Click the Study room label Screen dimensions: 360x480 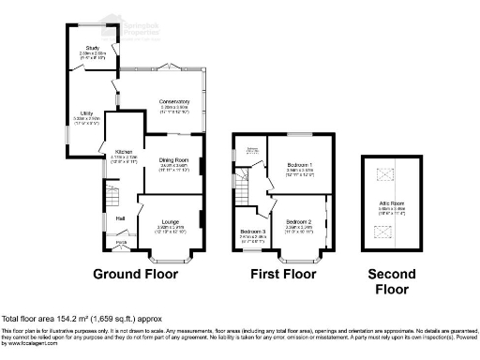91,47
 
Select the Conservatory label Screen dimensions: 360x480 174,101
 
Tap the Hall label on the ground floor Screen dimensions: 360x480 121,218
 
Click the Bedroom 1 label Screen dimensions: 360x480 300,165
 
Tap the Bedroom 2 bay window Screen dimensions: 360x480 300,254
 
